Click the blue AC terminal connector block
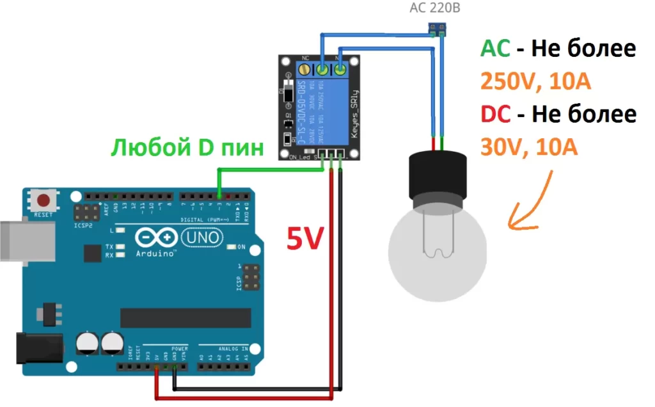[x=438, y=28]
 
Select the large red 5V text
[x=305, y=240]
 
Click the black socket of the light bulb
[x=439, y=176]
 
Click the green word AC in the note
[x=495, y=49]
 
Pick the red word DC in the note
[x=496, y=115]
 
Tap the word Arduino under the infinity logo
[x=156, y=254]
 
